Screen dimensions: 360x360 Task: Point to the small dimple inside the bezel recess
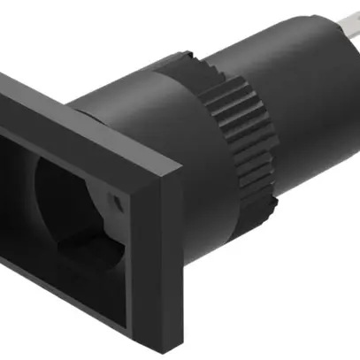tap(115, 201)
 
